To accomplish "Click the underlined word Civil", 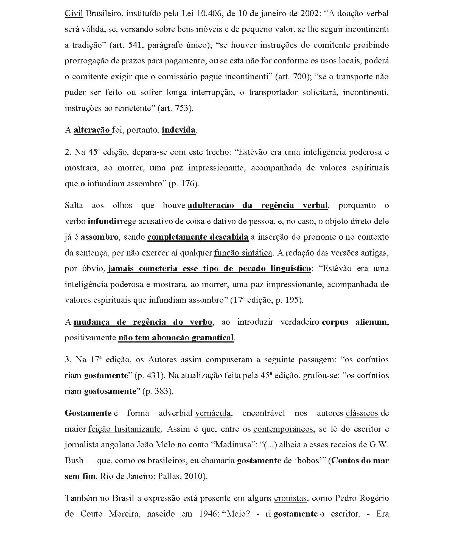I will point(74,13).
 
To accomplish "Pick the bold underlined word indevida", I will point(179,130).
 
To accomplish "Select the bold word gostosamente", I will point(110,391).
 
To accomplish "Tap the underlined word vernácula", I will point(213,413).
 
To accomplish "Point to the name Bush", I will point(74,460).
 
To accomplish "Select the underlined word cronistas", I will point(290,498).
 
